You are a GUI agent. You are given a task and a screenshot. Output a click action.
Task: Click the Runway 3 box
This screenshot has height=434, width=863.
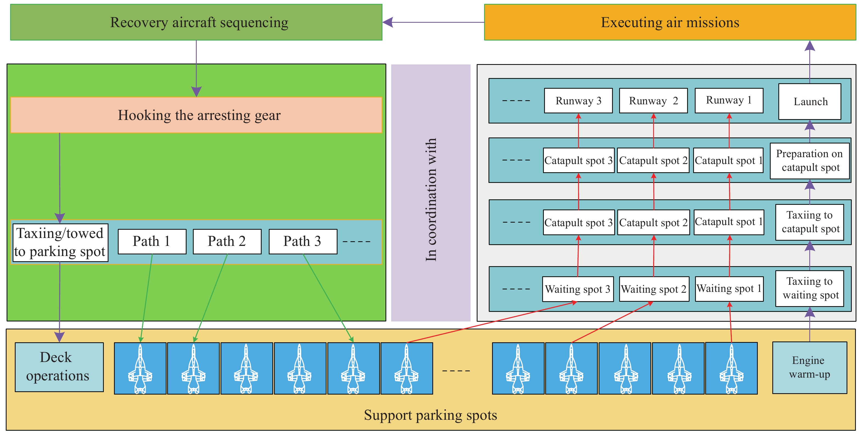click(578, 101)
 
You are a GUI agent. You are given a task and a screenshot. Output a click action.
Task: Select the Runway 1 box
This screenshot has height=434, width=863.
click(729, 100)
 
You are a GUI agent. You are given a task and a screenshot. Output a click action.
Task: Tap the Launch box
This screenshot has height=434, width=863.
click(810, 102)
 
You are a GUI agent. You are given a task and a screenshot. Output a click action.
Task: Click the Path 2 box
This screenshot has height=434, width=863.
click(227, 242)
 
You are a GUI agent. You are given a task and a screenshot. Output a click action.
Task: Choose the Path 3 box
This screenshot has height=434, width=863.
click(303, 242)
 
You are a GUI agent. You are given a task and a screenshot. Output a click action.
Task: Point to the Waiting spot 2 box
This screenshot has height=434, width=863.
click(654, 289)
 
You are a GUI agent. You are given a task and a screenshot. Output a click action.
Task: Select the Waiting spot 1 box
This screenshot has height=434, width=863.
click(729, 289)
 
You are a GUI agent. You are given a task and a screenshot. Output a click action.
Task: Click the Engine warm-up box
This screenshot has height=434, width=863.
click(809, 367)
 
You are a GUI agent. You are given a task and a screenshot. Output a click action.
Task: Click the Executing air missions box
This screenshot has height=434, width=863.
click(670, 22)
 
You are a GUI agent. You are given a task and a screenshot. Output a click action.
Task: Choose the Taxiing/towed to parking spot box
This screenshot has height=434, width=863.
click(60, 242)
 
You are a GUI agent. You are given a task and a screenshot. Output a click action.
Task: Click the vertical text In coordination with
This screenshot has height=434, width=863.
click(431, 200)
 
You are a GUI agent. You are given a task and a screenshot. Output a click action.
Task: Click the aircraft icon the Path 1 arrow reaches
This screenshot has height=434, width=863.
click(140, 368)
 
